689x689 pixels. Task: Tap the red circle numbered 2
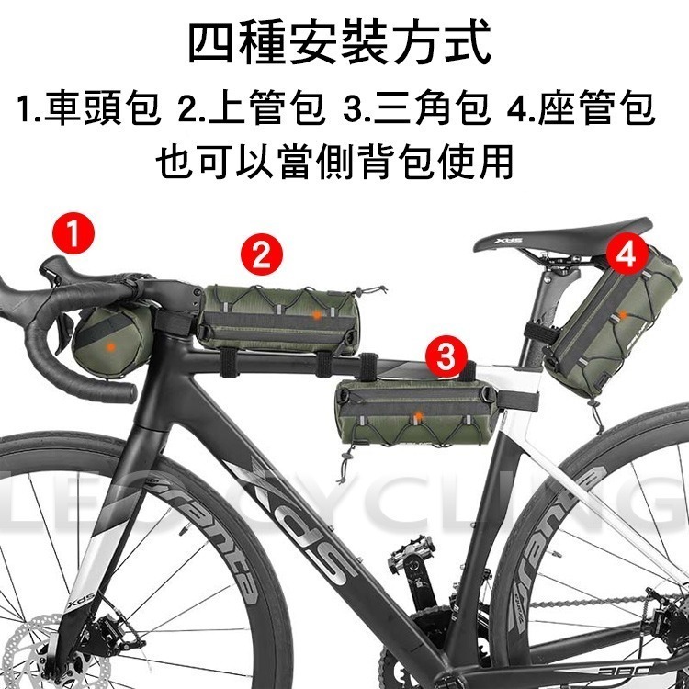click(x=262, y=254)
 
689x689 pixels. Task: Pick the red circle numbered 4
click(x=627, y=254)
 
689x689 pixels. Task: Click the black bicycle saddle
click(x=561, y=235)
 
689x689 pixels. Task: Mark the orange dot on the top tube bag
click(x=317, y=314)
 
